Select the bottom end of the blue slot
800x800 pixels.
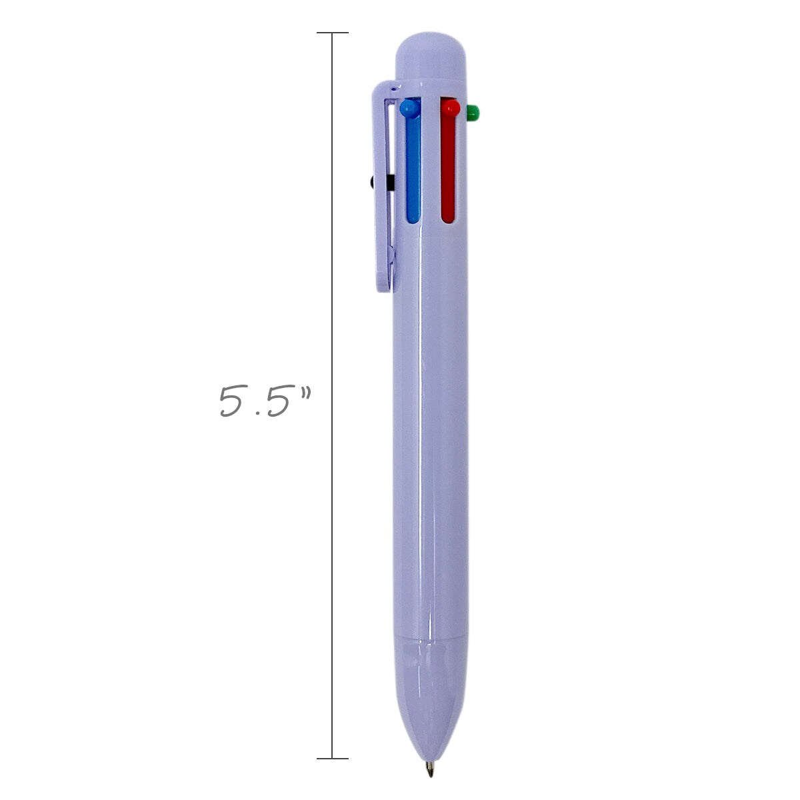(x=413, y=216)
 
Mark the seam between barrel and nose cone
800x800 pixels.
(x=430, y=639)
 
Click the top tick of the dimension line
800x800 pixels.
(x=332, y=33)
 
